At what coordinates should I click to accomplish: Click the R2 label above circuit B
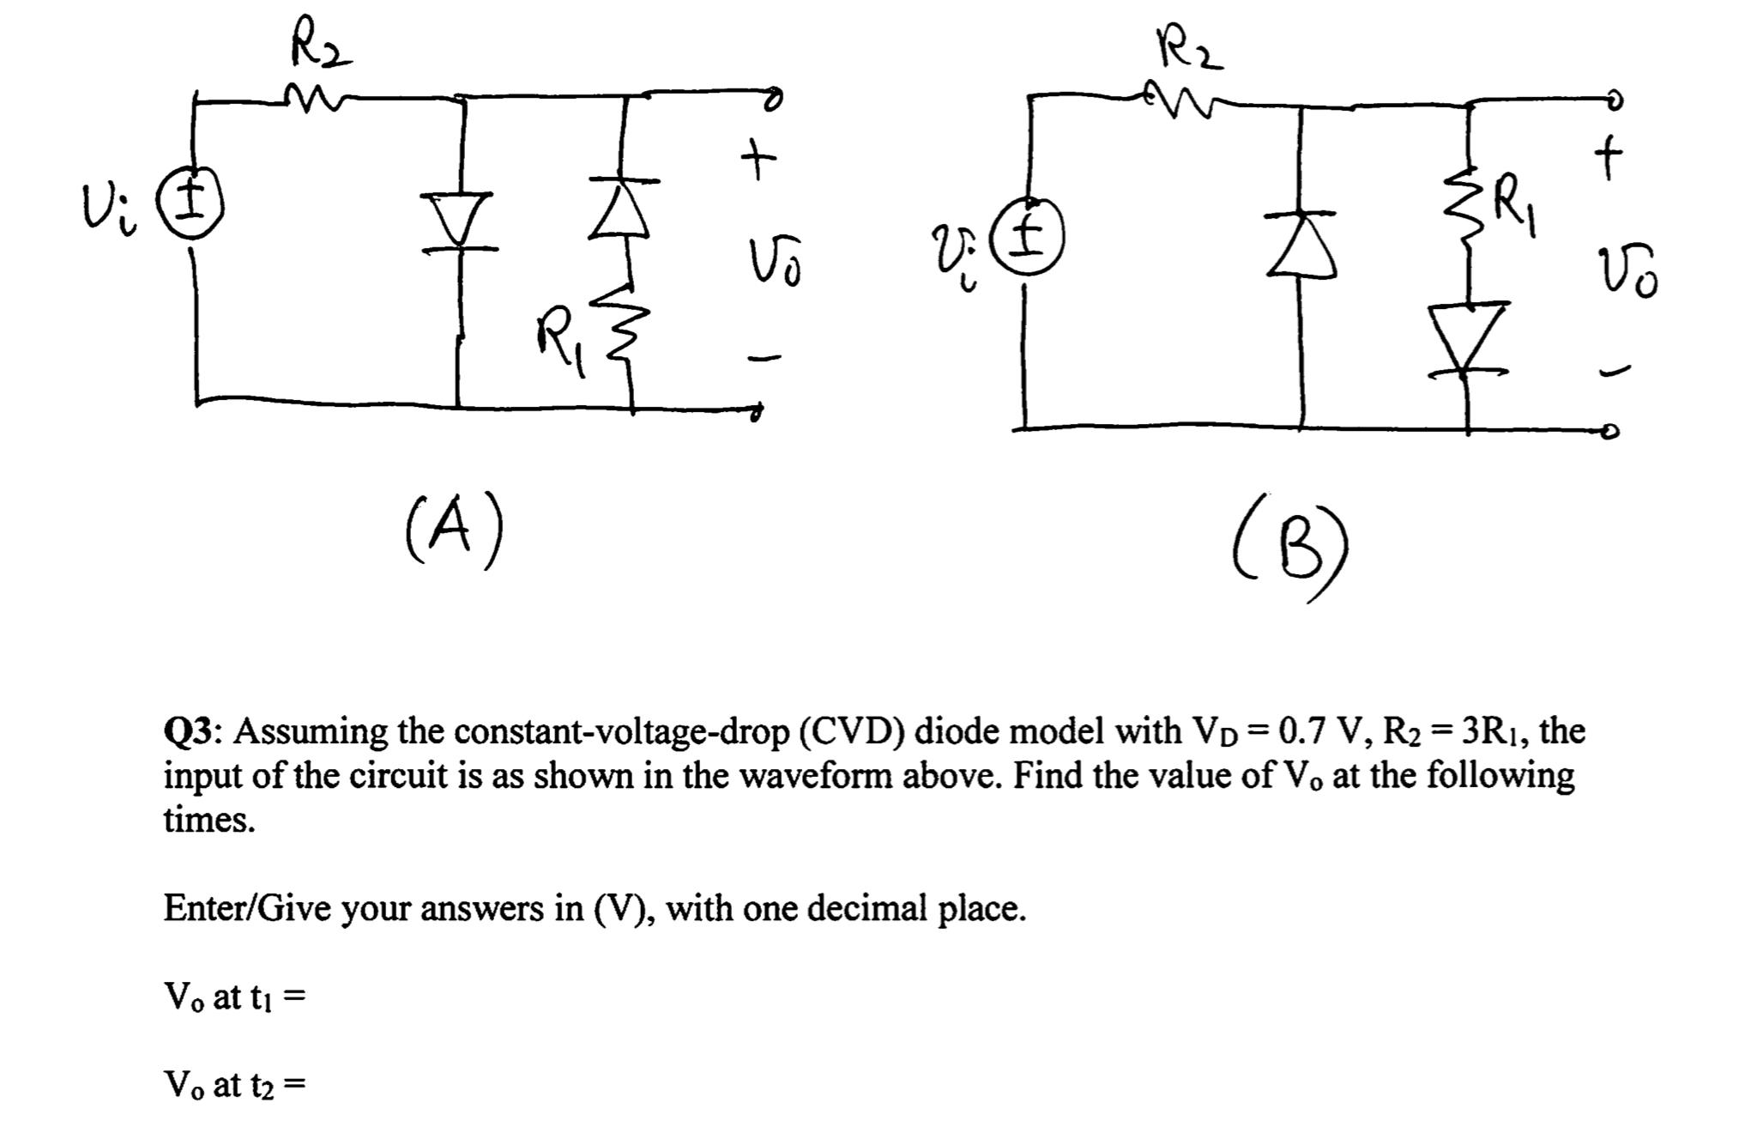point(1189,50)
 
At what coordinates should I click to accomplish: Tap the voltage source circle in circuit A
point(195,205)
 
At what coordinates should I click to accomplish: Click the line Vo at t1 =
point(234,997)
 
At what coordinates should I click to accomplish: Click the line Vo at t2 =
point(234,1085)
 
